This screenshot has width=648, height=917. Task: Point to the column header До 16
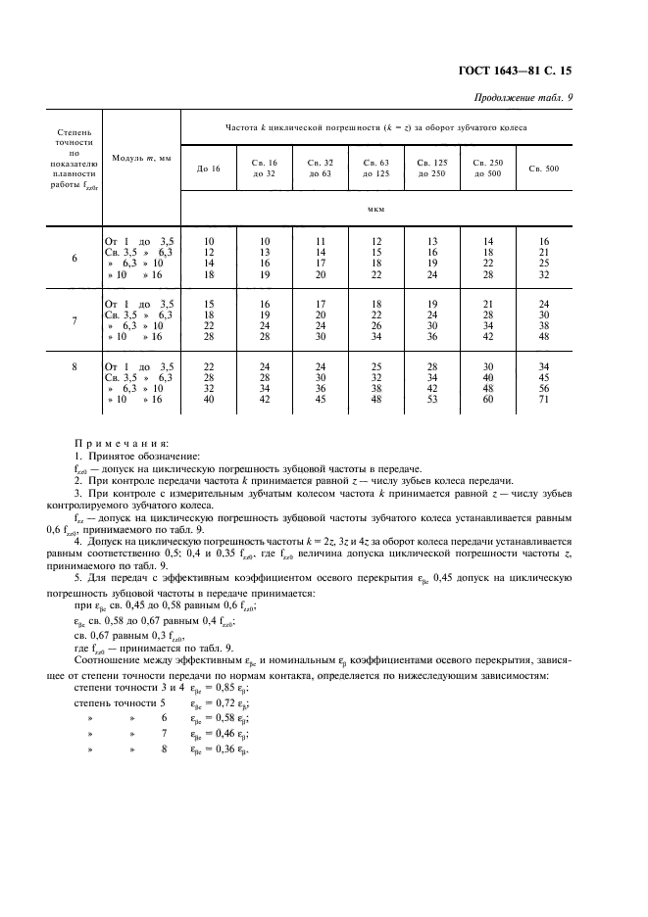209,169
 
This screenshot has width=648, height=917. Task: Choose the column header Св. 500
544,169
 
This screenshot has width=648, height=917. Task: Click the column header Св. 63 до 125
376,168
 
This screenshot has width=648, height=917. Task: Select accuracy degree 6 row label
75,259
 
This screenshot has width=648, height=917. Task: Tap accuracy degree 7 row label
75,320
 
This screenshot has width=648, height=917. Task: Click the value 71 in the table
544,400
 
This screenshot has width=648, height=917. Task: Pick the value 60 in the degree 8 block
488,400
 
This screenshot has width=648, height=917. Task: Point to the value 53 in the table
432,400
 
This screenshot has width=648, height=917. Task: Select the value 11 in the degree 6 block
321,240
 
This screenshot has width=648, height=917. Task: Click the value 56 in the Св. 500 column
544,389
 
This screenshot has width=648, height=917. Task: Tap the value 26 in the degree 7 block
376,324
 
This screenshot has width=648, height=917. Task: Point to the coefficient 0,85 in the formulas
233,689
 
